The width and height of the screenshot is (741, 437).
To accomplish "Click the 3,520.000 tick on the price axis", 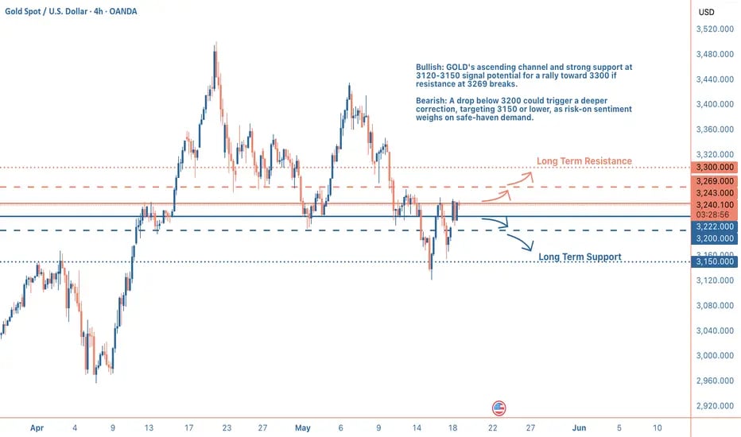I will coord(714,29).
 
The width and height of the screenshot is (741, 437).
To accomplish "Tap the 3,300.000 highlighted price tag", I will coord(714,168).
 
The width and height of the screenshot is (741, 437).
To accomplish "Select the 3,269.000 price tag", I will coord(714,181).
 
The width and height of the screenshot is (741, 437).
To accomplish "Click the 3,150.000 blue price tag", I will coord(714,261).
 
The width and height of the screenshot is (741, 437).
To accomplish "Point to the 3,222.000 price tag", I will coord(714,226).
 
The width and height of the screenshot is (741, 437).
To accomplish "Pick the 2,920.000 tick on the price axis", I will coord(714,406).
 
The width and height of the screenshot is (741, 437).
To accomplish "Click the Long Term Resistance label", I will coord(584,161).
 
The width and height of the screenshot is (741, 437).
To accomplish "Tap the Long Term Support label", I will coord(580,257).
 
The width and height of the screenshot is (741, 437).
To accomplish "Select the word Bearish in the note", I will coord(430,99).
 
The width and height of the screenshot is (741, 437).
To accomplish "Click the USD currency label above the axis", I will coord(705,12).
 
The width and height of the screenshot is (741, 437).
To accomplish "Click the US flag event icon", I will coord(499,408).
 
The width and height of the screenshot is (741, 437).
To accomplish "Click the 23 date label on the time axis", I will coord(227,427).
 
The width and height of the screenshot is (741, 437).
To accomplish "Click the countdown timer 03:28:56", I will coord(714,215).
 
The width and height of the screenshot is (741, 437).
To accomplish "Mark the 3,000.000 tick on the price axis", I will coord(714,356).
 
